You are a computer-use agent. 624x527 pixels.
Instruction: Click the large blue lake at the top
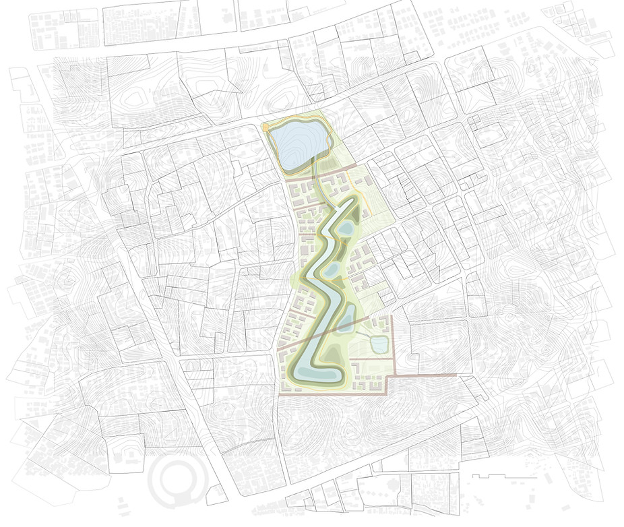[x=295, y=145]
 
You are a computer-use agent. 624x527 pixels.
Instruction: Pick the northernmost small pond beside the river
[x=346, y=230]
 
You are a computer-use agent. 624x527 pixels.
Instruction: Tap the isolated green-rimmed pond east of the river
[x=379, y=345]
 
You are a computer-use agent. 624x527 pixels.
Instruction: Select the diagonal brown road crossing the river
[x=323, y=334]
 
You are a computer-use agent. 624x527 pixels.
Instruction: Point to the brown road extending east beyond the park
[x=425, y=375]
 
